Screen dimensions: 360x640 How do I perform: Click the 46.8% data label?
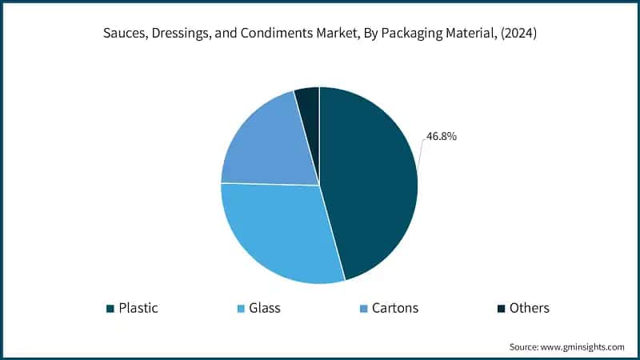pyautogui.click(x=441, y=137)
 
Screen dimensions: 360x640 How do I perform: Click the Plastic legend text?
pyautogui.click(x=140, y=307)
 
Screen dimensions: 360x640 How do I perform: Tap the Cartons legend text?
pyautogui.click(x=395, y=307)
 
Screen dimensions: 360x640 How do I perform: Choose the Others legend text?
pyautogui.click(x=529, y=307)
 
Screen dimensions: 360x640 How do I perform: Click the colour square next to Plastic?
pyautogui.click(x=110, y=308)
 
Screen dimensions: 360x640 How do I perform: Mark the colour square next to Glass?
pyautogui.click(x=240, y=308)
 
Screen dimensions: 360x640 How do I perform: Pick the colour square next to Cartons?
pyautogui.click(x=364, y=308)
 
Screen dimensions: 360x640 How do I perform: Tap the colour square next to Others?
pyautogui.click(x=501, y=308)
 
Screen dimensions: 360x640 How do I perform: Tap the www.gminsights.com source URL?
pyautogui.click(x=581, y=346)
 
